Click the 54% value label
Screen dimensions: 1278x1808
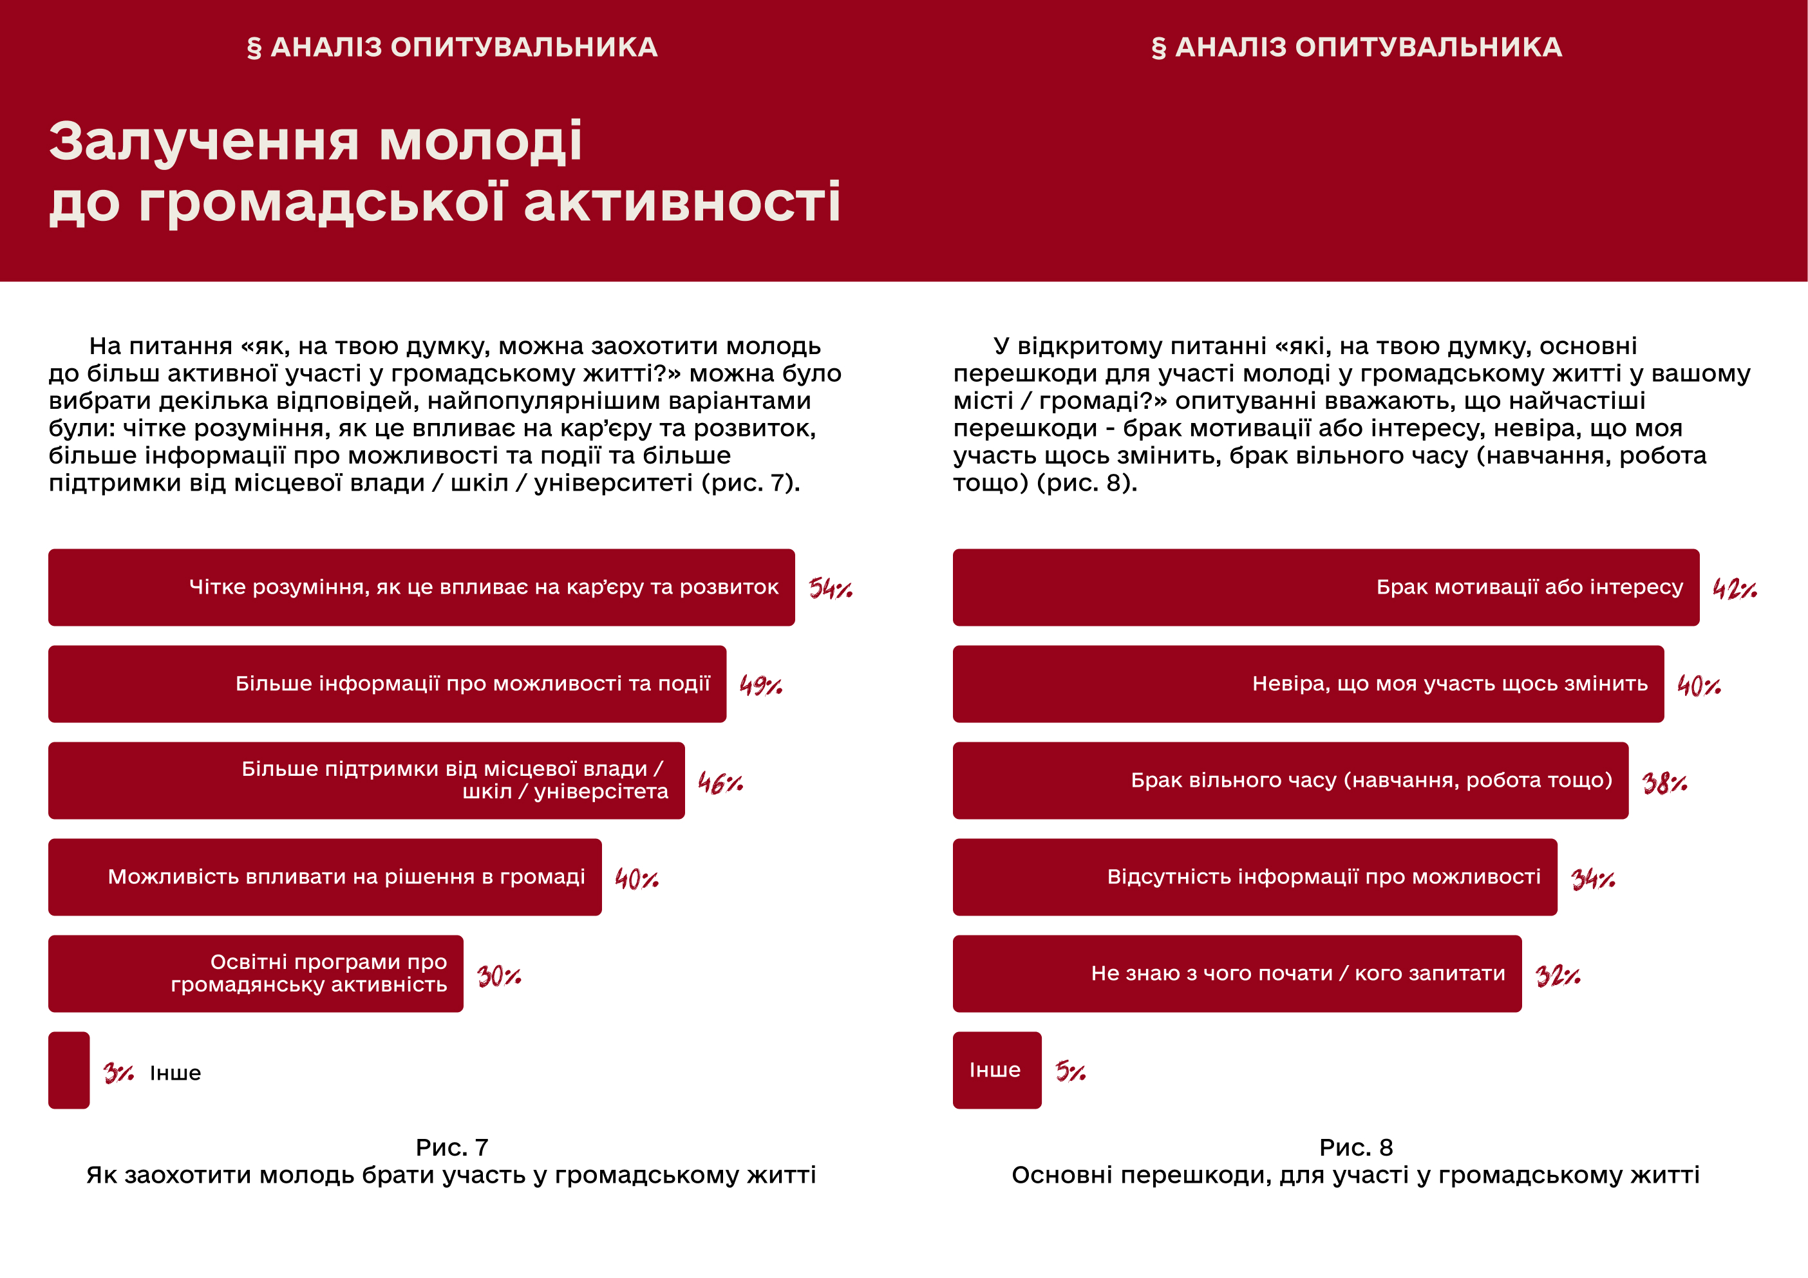coord(830,588)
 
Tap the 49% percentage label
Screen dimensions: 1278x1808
coord(760,685)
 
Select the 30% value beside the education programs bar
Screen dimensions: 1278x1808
coord(498,977)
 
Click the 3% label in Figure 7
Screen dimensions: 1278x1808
coord(118,1073)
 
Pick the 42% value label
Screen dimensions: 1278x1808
coord(1735,588)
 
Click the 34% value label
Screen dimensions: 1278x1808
coord(1592,879)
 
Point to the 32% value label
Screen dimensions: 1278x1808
coord(1558,977)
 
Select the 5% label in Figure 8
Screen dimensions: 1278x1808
coord(1070,1071)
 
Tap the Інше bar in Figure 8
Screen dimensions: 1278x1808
coord(997,1070)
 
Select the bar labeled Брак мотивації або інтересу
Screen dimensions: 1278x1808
coord(1325,587)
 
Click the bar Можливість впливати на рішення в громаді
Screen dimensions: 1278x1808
coord(325,877)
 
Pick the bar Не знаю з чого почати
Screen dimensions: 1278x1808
coord(1236,974)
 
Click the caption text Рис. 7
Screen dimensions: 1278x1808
coord(452,1147)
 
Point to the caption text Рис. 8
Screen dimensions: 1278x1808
coord(1356,1147)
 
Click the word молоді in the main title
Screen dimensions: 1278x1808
coord(480,142)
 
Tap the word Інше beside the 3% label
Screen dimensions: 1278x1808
coord(176,1073)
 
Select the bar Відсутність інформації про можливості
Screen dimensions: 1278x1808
coord(1254,877)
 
